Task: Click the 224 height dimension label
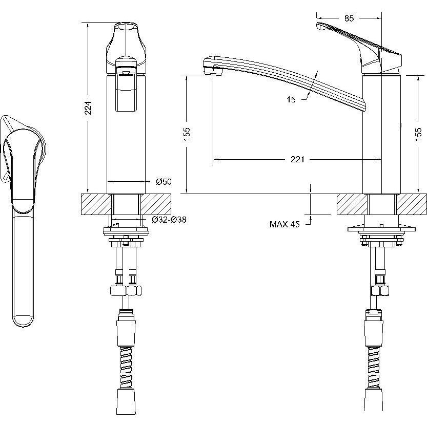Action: tap(88, 108)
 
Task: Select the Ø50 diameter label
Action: tap(164, 181)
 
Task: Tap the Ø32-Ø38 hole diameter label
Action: tap(169, 219)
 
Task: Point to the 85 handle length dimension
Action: tap(349, 18)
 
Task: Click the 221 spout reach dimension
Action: tap(297, 159)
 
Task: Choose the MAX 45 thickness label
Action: tap(284, 224)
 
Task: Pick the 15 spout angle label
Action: tap(291, 99)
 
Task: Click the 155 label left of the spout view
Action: tap(187, 134)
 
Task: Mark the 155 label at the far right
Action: tap(418, 134)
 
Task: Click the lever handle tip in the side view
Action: tap(319, 26)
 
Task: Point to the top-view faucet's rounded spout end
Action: tap(24, 322)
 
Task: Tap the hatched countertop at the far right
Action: tap(412, 204)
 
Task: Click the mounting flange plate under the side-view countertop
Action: tap(382, 229)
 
